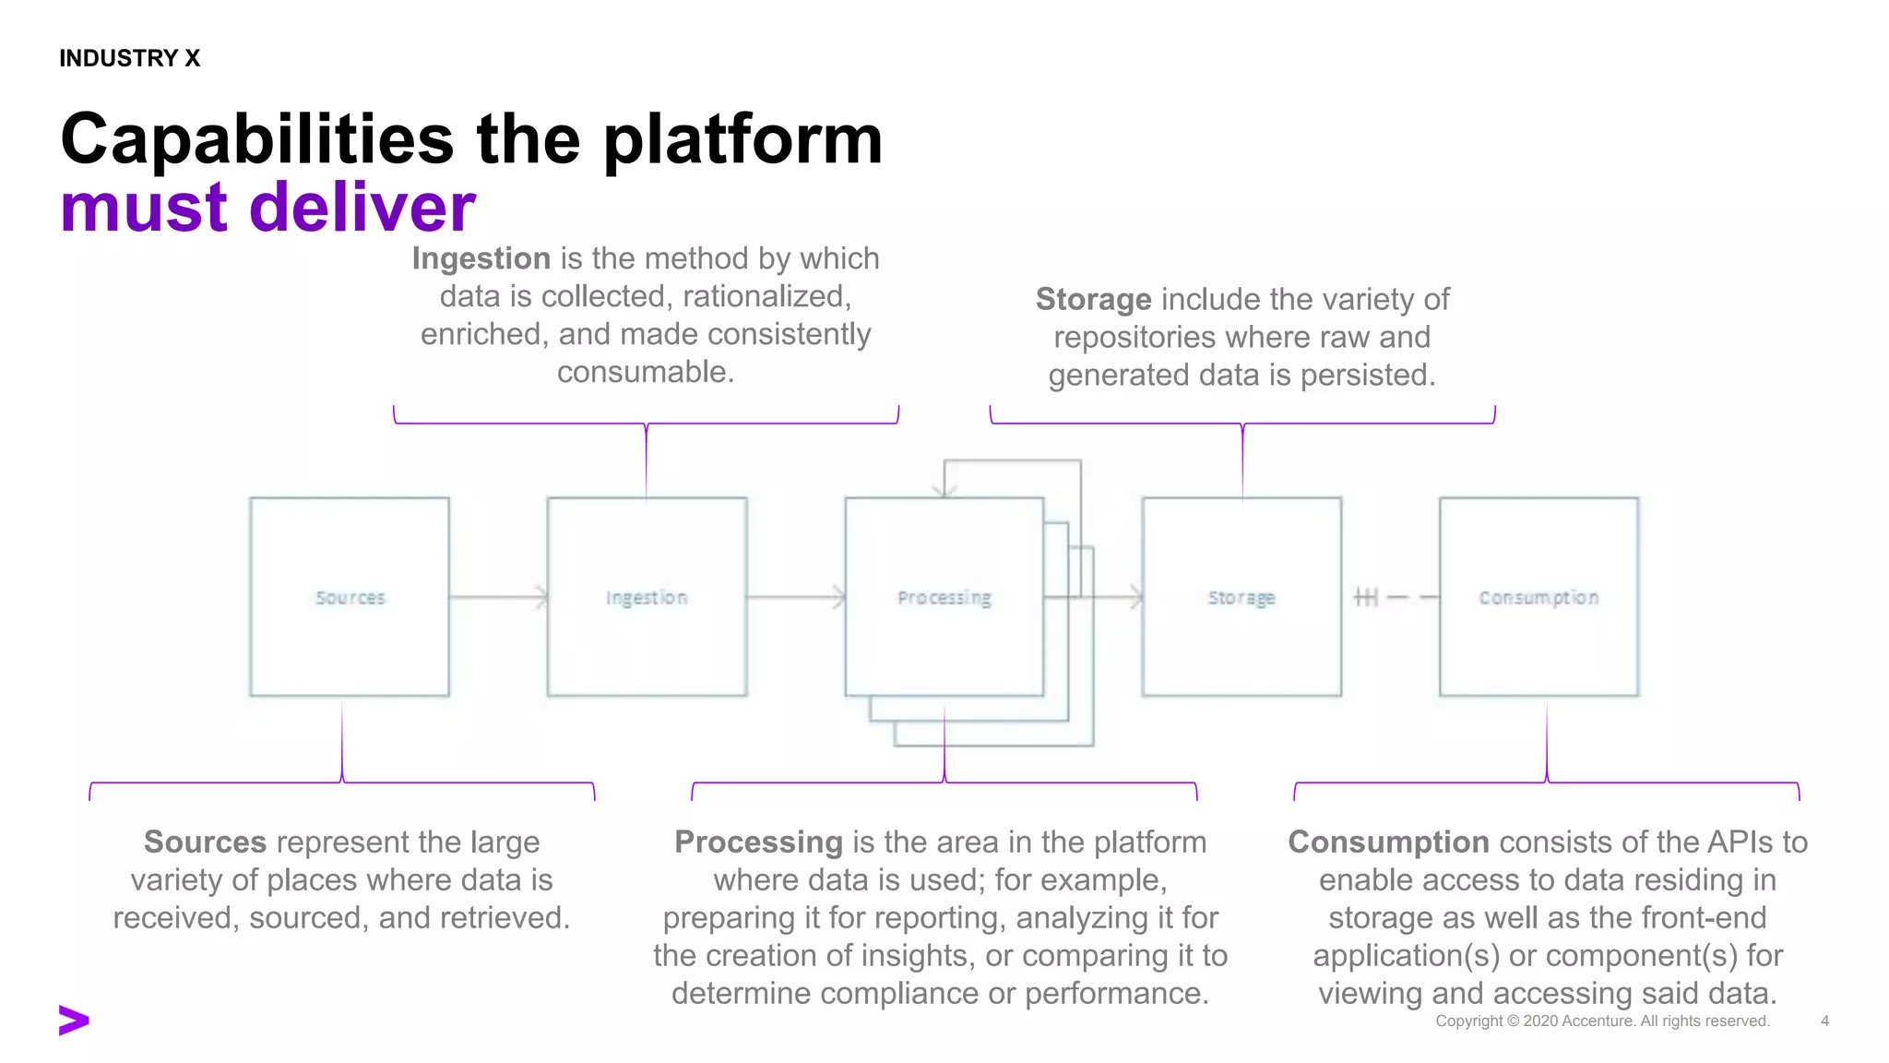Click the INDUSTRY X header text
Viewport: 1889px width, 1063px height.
coord(129,58)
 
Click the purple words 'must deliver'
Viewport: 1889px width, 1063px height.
coord(267,207)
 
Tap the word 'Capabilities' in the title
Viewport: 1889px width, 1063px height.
coord(256,139)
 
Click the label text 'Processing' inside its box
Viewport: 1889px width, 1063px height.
coord(944,598)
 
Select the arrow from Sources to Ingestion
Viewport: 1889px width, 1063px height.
coord(498,598)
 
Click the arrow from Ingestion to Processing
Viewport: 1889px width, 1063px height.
coord(795,598)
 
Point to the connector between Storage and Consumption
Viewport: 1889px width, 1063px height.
coord(1391,598)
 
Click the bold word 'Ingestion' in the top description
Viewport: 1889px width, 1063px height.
coord(481,258)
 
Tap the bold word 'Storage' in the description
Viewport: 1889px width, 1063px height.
coord(1093,299)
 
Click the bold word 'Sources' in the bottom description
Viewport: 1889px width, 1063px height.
coord(205,842)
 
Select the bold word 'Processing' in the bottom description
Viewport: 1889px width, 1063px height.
coord(758,842)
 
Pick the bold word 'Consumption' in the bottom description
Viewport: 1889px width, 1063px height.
coord(1388,842)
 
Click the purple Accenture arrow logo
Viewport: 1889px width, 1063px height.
coord(74,1020)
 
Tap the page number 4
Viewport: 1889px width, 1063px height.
coord(1824,1021)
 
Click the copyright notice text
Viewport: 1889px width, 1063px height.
coord(1602,1021)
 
